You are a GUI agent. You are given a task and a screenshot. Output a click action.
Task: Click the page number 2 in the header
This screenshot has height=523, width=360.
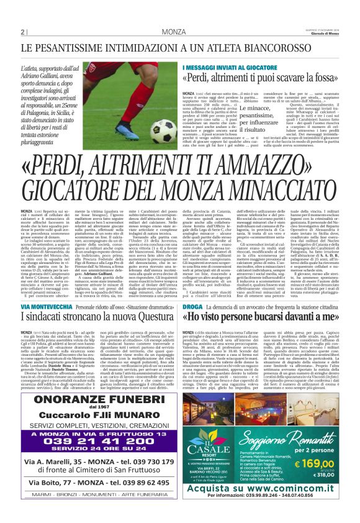tap(23, 32)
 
